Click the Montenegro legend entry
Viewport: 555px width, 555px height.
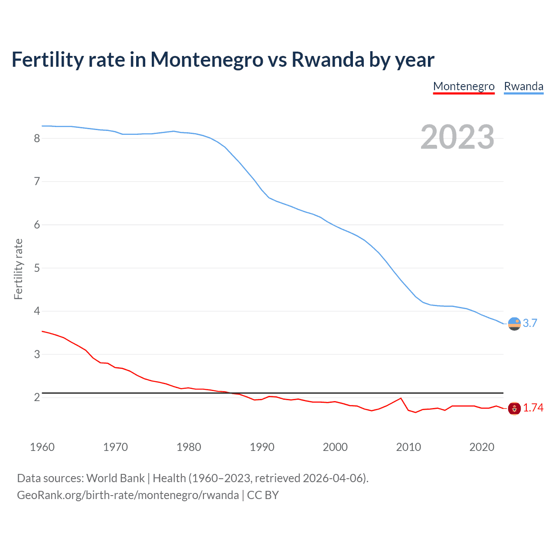click(464, 86)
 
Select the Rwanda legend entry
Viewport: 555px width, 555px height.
click(523, 86)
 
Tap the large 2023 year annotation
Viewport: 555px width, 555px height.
click(457, 137)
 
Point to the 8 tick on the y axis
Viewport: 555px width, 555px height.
click(37, 138)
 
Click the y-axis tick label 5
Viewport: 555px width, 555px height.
click(37, 268)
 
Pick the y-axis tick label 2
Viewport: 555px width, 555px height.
click(37, 397)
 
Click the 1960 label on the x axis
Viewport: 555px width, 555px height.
click(42, 447)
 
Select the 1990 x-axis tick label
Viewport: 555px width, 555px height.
click(262, 447)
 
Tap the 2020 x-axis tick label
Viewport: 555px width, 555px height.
click(481, 447)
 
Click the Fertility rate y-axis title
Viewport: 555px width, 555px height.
click(18, 269)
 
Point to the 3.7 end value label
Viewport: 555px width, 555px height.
click(530, 323)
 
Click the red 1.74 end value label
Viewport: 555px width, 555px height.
click(533, 408)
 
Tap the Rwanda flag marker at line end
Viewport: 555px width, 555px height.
click(514, 323)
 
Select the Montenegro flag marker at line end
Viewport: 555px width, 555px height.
click(514, 408)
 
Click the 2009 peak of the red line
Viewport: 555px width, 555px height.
click(401, 398)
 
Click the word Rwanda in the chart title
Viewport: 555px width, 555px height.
click(328, 59)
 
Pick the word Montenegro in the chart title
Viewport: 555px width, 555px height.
click(206, 59)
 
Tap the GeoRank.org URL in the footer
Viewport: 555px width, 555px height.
click(127, 495)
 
